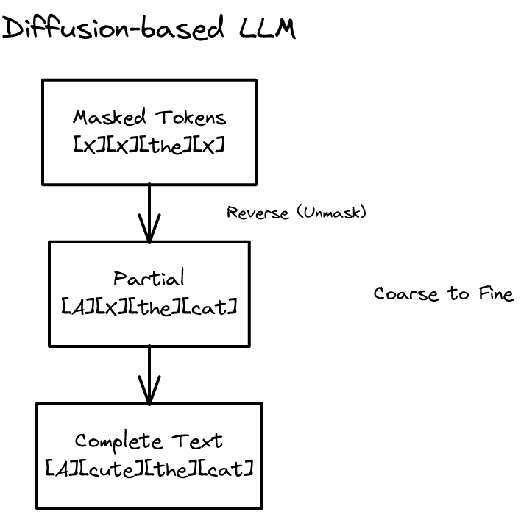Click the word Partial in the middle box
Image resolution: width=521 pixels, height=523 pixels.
149,278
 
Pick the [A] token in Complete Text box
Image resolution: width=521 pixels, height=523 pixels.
60,468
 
